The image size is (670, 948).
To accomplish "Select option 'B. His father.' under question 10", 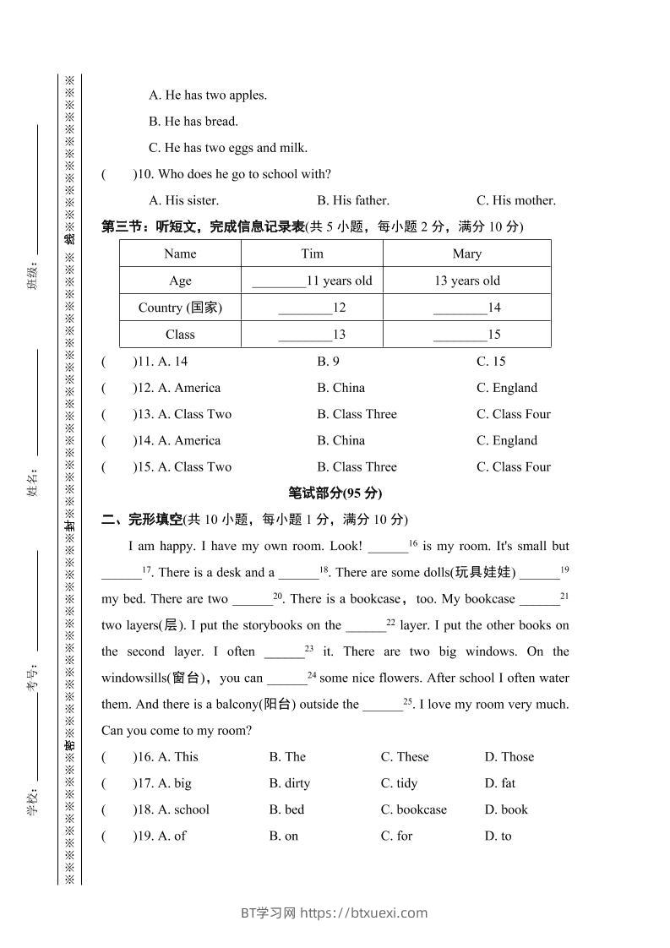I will [353, 201].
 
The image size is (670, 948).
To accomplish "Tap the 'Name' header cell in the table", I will [180, 253].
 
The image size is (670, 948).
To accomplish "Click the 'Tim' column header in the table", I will [312, 253].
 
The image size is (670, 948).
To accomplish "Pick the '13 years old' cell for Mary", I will [466, 281].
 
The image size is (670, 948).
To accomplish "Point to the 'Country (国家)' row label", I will [180, 308].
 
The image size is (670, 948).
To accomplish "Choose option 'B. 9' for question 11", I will [328, 362].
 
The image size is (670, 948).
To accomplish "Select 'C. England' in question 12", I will [506, 388].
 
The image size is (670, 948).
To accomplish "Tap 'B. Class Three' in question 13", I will [357, 414].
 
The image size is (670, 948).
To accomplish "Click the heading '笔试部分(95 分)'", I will [335, 493].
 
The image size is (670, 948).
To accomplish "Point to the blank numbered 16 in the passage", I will [389, 547].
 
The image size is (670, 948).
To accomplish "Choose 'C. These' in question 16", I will [405, 757].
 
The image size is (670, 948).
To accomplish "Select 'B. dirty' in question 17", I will [289, 783].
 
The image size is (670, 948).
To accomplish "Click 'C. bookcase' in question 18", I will [413, 809].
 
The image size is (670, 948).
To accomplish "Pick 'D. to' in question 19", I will [498, 836].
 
